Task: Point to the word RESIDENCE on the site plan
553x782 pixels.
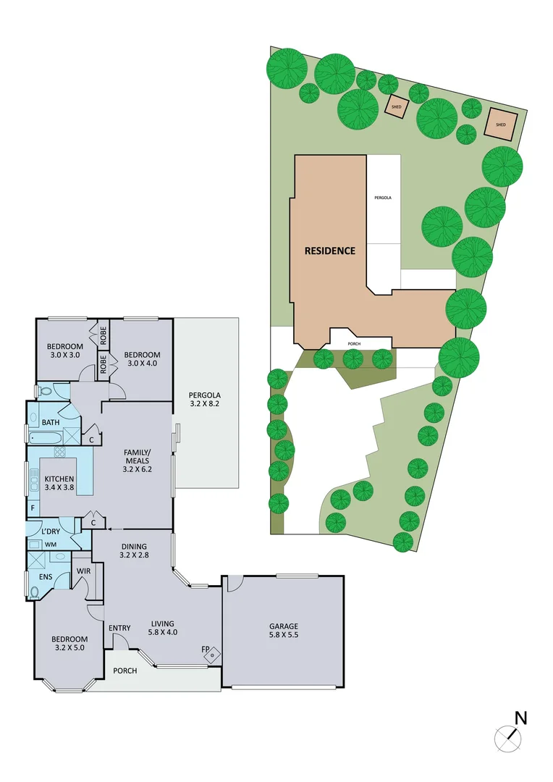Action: [329, 251]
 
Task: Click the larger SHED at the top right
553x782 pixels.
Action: [500, 124]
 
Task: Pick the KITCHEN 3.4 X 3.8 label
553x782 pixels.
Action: [59, 484]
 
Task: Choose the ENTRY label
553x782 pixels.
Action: [119, 628]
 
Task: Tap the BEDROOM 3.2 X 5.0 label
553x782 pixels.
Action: [69, 644]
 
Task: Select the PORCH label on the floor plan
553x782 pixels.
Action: [125, 670]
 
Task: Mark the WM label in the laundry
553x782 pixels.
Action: [50, 544]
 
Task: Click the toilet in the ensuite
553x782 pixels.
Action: [35, 592]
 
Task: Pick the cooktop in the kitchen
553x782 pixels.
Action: [59, 454]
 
